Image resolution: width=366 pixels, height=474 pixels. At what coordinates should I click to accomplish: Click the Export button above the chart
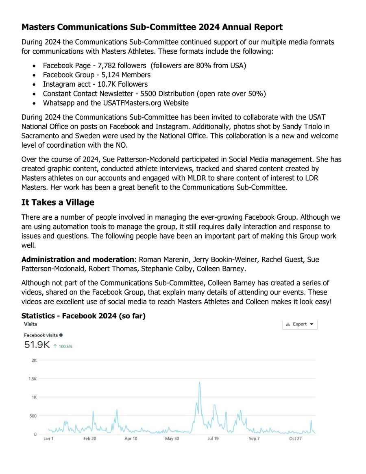300,324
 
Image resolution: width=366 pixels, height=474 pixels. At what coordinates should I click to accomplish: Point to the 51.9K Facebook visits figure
37,345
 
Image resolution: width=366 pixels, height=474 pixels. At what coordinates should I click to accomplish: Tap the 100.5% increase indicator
63,347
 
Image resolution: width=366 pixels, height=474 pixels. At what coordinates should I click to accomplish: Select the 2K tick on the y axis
33,360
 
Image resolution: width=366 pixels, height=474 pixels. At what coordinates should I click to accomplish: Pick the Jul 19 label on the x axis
213,439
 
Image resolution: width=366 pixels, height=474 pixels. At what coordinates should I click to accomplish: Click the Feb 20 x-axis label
90,439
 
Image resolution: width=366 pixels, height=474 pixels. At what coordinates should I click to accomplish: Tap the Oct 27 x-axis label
295,439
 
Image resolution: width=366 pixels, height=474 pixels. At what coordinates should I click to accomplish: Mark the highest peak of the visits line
199,382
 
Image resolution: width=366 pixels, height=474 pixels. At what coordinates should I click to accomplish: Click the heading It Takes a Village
58,202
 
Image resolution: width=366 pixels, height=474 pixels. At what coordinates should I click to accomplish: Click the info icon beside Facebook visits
61,335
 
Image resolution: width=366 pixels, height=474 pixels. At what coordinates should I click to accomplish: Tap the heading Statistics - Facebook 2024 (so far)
83,316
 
